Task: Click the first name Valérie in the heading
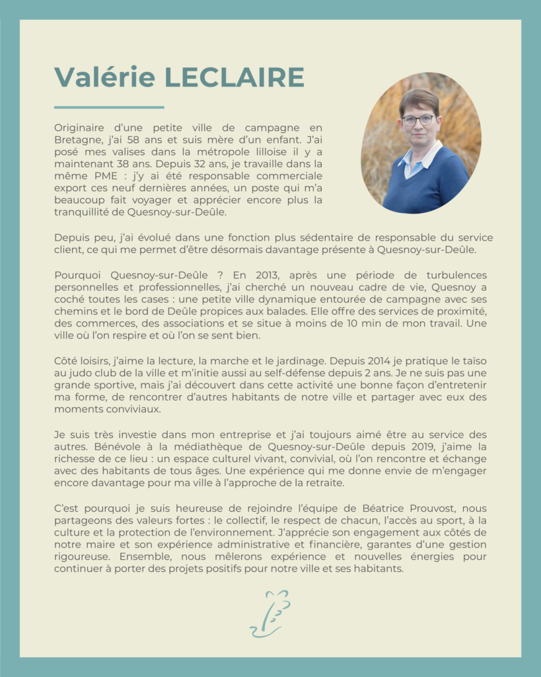[105, 77]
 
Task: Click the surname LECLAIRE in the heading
[234, 77]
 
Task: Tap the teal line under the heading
[109, 107]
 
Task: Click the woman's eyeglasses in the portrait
[418, 120]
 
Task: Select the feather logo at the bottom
[270, 614]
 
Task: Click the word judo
[81, 373]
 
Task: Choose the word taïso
[475, 361]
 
